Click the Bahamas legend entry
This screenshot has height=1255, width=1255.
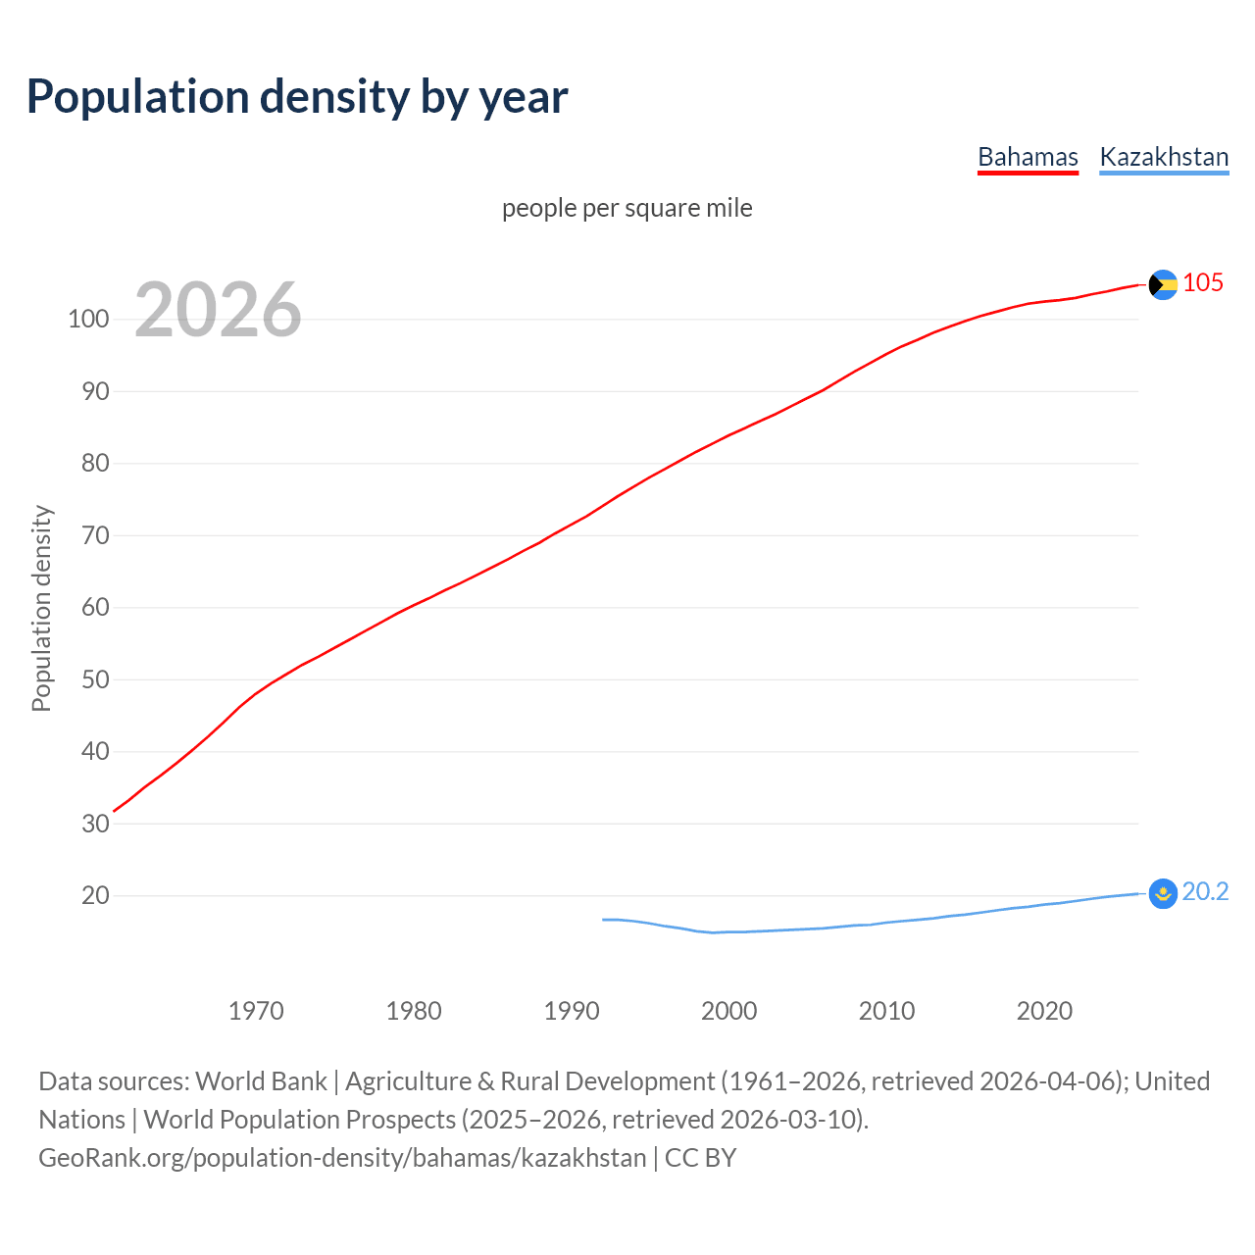tap(1028, 157)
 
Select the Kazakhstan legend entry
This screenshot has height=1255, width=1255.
tap(1164, 157)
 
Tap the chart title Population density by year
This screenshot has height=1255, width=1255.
tap(297, 96)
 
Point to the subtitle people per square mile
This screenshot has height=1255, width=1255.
tap(627, 208)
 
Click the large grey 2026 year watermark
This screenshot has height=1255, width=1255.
tap(218, 310)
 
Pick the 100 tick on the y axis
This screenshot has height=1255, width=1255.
tap(88, 320)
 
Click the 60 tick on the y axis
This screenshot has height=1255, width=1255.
tap(95, 608)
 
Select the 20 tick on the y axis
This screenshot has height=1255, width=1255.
tap(95, 895)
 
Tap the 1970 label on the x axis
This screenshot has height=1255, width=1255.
tap(256, 1010)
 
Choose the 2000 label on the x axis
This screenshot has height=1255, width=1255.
tap(728, 1010)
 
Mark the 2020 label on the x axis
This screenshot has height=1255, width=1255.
tap(1044, 1010)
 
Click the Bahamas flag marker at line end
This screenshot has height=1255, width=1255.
tap(1163, 284)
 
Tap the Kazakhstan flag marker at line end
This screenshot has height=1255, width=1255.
tap(1163, 893)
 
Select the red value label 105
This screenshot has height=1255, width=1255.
tap(1203, 283)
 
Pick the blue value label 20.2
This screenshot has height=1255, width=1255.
tap(1205, 891)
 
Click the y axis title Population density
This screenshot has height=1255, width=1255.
tap(41, 608)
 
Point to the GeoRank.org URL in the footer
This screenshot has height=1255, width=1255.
tap(342, 1158)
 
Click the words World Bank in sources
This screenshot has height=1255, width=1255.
tap(261, 1081)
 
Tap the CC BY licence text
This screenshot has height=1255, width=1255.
tap(700, 1158)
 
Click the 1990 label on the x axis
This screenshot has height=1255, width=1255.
tap(572, 1010)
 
